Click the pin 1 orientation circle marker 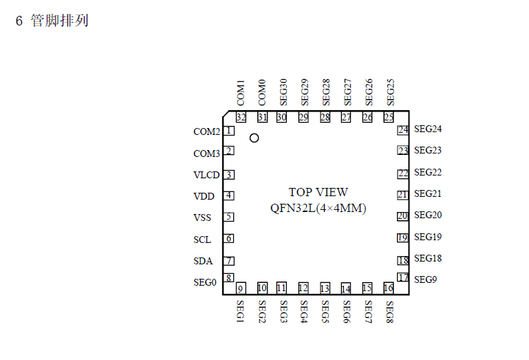[x=254, y=138]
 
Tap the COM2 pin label [x=206, y=131]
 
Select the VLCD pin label [x=206, y=175]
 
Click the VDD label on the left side [x=204, y=196]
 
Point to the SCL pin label [x=202, y=240]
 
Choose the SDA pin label [x=203, y=261]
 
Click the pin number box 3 [x=229, y=175]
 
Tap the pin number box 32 [x=241, y=117]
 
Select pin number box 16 [x=388, y=288]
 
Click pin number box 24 [x=403, y=130]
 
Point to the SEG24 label [x=428, y=129]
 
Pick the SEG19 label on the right [x=428, y=237]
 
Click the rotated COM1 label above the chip [x=241, y=93]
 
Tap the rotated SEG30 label [x=283, y=92]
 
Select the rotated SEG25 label [x=390, y=92]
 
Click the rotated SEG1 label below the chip [x=240, y=311]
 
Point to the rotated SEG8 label [x=389, y=312]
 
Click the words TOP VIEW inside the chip [x=318, y=192]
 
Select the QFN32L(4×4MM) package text [x=318, y=208]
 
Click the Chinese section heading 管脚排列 [x=60, y=21]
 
